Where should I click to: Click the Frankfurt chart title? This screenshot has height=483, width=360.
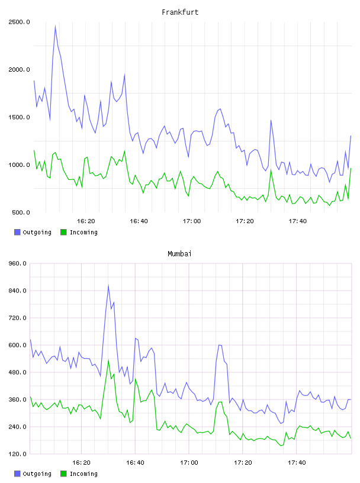coord(180,12)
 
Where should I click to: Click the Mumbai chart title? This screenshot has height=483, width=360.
coord(179,254)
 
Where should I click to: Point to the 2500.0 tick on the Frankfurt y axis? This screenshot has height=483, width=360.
coord(19,22)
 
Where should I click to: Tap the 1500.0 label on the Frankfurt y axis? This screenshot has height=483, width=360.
coord(19,117)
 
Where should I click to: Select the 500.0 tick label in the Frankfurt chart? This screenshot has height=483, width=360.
coord(21,212)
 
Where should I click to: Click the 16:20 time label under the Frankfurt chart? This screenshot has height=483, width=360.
coord(86,221)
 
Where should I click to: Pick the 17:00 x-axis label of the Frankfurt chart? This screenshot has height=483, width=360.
coord(192,221)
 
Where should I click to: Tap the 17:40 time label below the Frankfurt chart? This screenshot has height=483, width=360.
coord(298,221)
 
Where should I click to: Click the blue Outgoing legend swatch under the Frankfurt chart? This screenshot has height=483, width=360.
coord(17,232)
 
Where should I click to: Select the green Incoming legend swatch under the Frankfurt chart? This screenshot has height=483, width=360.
coord(63,232)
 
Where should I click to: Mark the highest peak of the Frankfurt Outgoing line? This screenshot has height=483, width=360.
coord(55,26)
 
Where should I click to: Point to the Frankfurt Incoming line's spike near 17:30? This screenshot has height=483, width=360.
coord(271,170)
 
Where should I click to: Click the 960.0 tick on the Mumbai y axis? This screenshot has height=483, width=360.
coord(20,263)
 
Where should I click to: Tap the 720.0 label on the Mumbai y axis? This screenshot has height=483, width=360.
coord(20,318)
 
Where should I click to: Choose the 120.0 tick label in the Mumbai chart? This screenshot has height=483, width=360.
coord(20,454)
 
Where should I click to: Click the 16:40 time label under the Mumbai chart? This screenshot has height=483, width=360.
coord(136,463)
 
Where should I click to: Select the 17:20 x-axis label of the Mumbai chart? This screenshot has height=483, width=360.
coord(243,463)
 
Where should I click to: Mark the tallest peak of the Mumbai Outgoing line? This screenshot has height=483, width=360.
coord(108,285)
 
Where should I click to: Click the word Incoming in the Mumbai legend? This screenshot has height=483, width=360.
coord(83,474)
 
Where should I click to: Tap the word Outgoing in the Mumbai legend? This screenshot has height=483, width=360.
coord(37,474)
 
